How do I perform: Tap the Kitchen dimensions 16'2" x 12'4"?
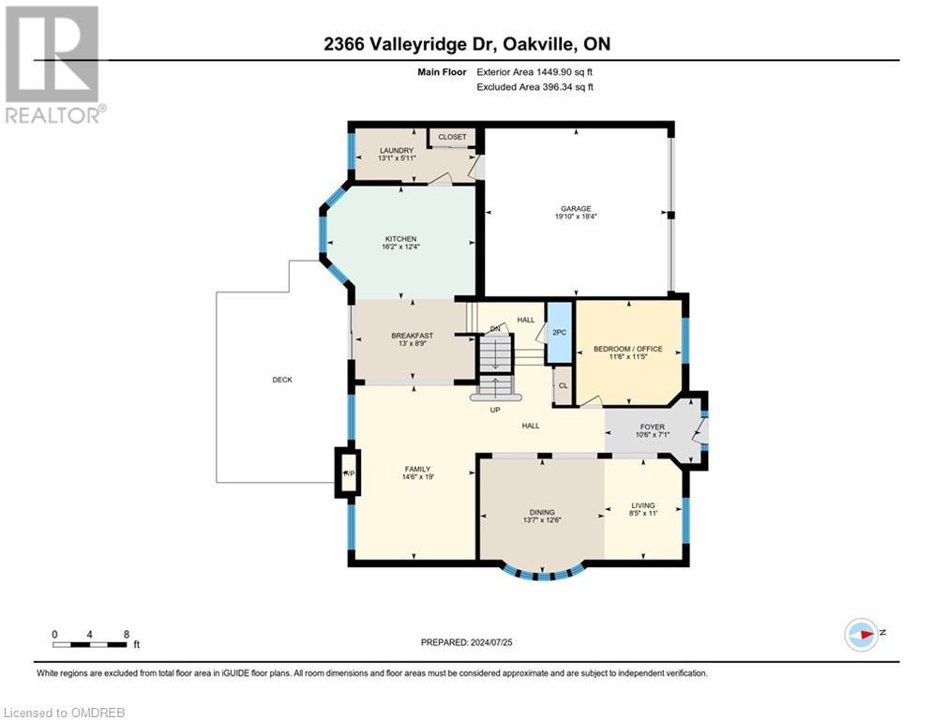point(399,247)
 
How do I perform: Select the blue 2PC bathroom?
point(559,332)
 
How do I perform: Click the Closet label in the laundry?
point(452,137)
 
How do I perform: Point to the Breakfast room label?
point(412,336)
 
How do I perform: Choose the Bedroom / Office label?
point(627,349)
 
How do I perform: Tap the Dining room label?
point(541,512)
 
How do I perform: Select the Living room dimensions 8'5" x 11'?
point(642,515)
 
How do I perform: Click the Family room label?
point(416,469)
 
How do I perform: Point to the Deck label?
point(282,380)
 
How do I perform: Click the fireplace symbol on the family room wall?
point(348,472)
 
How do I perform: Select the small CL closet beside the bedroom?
point(563,385)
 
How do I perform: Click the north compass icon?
point(861,633)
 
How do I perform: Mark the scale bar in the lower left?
point(90,644)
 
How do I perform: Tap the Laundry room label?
point(397,151)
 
